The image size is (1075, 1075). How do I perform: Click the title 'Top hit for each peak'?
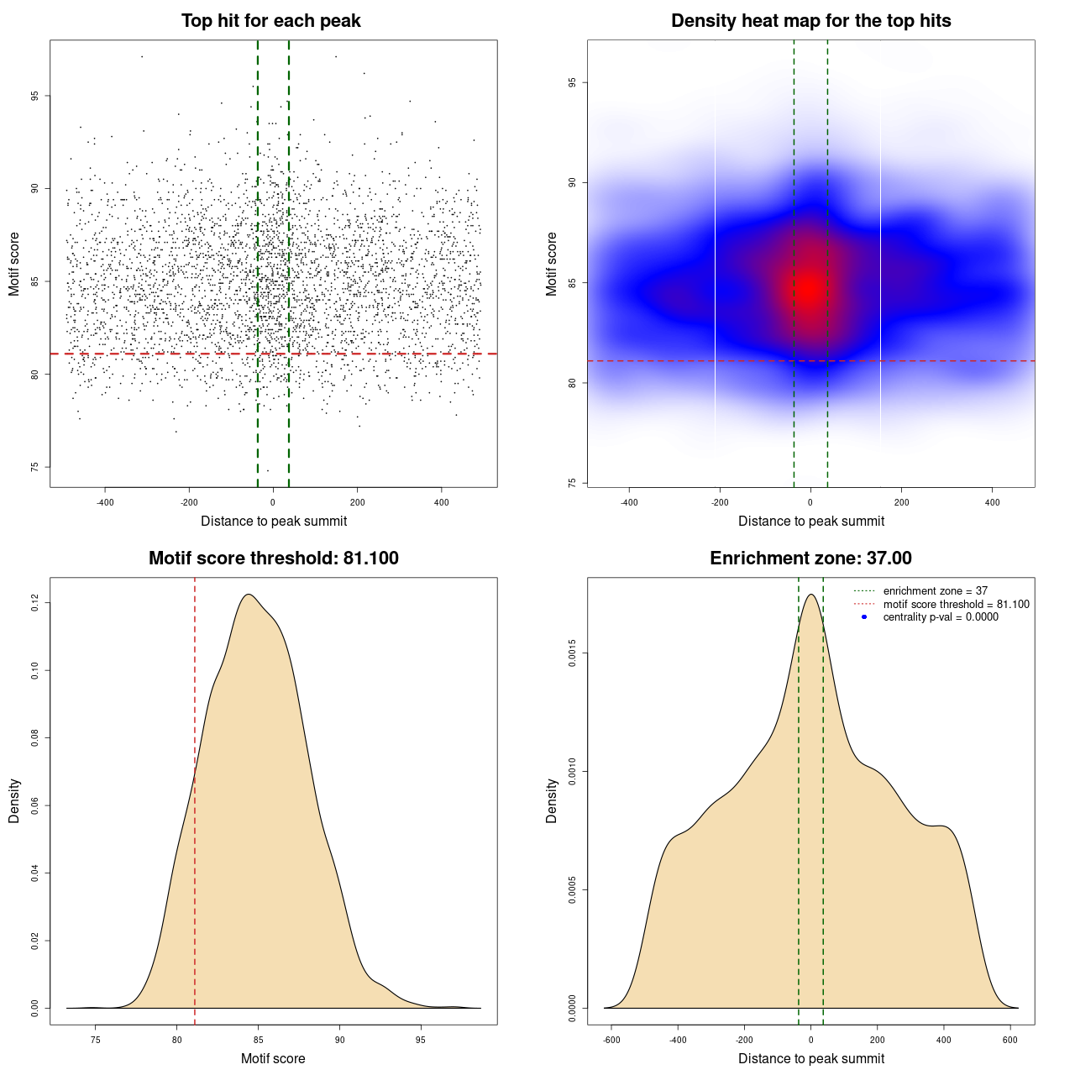point(270,21)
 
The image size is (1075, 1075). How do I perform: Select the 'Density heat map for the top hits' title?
point(810,21)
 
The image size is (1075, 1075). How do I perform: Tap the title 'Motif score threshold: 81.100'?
point(273,558)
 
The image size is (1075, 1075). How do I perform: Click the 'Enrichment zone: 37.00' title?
point(810,558)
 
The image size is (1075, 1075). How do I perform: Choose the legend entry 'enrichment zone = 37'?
point(935,591)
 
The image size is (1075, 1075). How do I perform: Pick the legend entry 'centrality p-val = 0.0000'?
point(941,616)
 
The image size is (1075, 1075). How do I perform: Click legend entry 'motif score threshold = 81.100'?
point(956,604)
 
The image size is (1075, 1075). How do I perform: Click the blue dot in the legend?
point(863,616)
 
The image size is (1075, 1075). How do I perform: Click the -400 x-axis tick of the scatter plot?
point(105,502)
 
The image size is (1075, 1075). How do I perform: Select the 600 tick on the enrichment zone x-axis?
point(1010,1040)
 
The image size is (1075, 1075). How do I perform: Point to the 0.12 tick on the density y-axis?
point(35,602)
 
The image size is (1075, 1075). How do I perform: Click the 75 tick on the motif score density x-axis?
point(96,1040)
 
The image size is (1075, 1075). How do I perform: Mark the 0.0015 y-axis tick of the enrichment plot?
point(572,653)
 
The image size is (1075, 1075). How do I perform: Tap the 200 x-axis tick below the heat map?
point(901,502)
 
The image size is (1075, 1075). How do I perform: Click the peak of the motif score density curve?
point(249,595)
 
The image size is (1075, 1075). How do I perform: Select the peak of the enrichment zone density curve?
point(810,595)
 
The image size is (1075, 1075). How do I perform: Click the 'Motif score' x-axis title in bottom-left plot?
point(273,1058)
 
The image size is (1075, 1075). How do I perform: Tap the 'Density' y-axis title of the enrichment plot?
point(552,800)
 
